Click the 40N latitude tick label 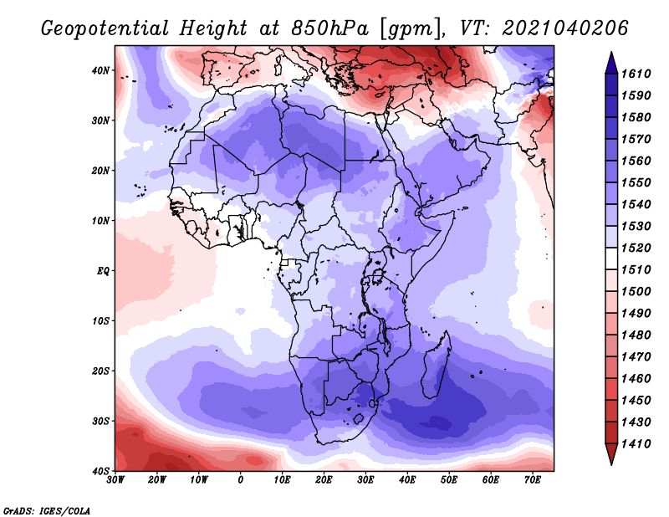(100, 70)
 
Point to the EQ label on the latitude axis (103, 271)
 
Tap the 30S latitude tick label (100, 421)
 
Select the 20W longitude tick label (157, 480)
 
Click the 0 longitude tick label (241, 480)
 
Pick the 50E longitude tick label (449, 480)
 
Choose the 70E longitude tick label (533, 480)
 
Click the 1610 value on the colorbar (636, 74)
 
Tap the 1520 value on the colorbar (636, 248)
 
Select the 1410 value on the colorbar (636, 444)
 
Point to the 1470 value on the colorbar (636, 357)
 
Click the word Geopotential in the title (105, 29)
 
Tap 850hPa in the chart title (329, 28)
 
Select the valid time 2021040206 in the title (565, 28)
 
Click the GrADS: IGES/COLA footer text (47, 511)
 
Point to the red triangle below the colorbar (611, 453)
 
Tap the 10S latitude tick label (100, 321)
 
